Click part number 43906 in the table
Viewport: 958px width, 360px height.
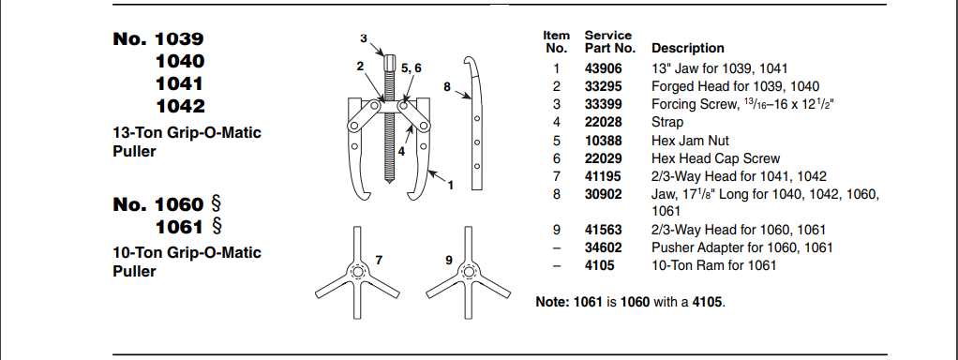(x=603, y=68)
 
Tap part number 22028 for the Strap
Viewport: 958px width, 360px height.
(x=603, y=122)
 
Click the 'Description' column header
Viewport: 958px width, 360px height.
(x=688, y=48)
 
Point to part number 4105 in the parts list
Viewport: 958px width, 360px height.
(x=599, y=266)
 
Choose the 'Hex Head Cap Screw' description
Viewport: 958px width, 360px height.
(x=716, y=159)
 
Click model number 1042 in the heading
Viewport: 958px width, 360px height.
(x=180, y=106)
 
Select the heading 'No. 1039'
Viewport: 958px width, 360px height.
(x=158, y=39)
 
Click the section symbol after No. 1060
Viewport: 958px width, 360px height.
(x=216, y=203)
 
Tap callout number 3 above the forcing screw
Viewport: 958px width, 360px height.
(x=364, y=38)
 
